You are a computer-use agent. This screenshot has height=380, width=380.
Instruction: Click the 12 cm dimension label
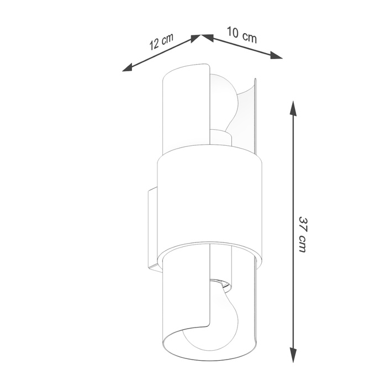[161, 42]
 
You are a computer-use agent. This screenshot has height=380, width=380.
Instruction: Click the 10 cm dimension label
[241, 35]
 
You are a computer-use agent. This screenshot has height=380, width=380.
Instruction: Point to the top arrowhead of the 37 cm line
[293, 107]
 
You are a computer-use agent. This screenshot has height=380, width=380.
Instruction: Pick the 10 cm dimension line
[243, 47]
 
